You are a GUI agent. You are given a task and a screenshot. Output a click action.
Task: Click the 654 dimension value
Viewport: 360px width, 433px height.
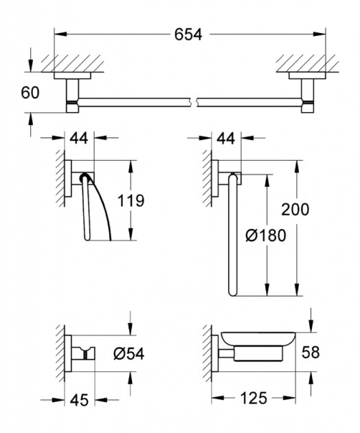(x=188, y=34)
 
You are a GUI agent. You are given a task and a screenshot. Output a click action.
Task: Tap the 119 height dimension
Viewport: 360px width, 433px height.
(x=131, y=201)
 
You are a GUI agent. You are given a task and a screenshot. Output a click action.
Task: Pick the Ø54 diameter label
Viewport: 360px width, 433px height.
(x=128, y=355)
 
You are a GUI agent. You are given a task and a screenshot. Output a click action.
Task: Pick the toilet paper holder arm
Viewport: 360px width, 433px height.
(x=88, y=210)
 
